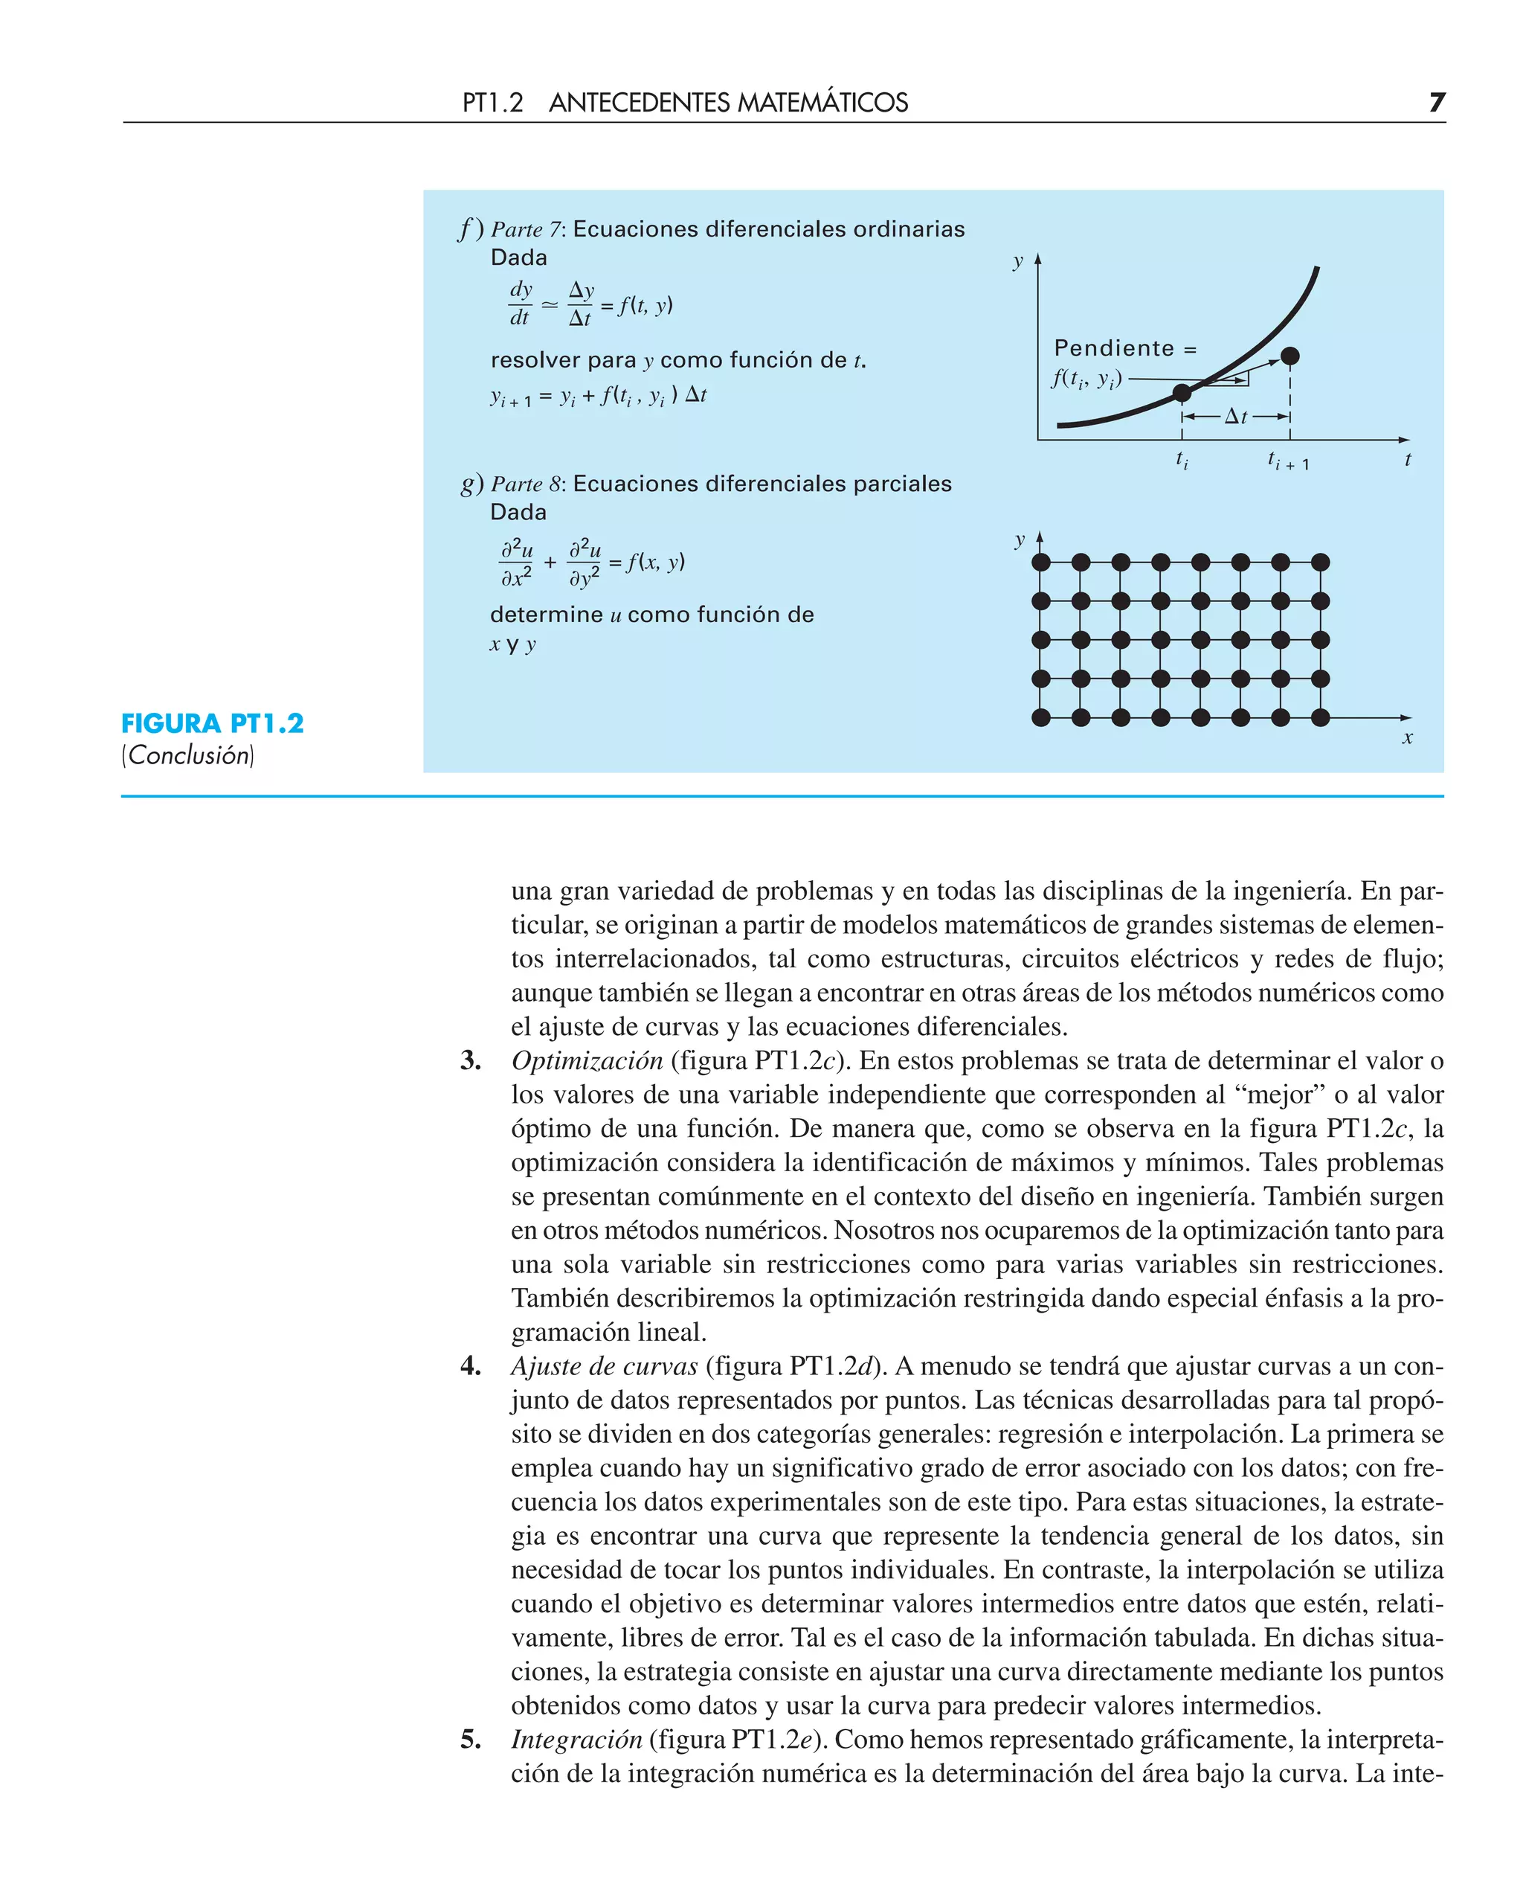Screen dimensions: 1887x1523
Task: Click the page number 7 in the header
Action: click(1436, 103)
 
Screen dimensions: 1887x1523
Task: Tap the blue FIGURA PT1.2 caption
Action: click(212, 723)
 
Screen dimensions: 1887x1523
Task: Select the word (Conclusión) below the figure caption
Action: click(187, 756)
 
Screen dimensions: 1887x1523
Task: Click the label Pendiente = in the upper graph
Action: click(1124, 348)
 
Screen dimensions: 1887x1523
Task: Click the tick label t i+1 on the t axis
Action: click(1287, 461)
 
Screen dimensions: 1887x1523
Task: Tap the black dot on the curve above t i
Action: click(1182, 392)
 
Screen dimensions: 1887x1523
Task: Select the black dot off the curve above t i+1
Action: click(1289, 356)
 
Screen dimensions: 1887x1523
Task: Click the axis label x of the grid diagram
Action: click(1407, 738)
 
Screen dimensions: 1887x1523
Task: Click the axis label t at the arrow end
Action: click(1407, 459)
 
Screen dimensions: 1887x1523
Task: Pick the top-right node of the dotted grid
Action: click(1319, 562)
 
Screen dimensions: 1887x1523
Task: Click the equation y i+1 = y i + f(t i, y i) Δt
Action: click(599, 396)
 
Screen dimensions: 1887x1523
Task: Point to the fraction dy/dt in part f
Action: click(521, 303)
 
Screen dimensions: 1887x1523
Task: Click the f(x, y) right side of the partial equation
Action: click(654, 563)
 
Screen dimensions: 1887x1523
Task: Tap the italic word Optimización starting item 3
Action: click(587, 1060)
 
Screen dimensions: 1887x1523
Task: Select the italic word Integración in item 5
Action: click(576, 1739)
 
